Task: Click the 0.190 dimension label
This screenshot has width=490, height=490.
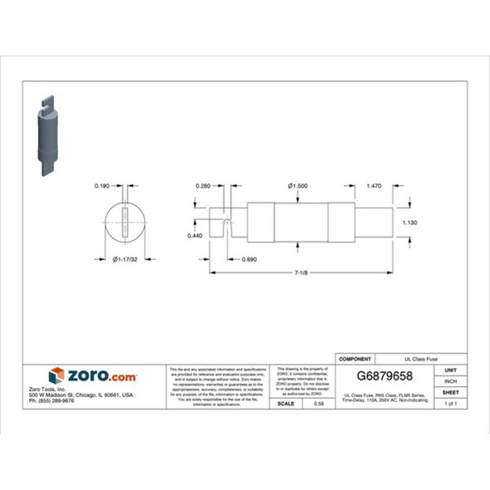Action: [102, 186]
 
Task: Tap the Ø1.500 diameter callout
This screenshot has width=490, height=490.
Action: [297, 186]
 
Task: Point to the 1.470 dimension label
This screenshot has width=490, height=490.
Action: [375, 186]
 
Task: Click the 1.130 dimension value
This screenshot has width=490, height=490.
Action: [410, 223]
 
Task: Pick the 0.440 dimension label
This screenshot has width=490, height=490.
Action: [195, 236]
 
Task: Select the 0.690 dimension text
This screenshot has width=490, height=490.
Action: [248, 260]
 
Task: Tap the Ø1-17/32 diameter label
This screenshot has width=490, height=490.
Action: [125, 260]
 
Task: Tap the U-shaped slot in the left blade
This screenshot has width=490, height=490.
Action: [227, 224]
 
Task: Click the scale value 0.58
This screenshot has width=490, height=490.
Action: [319, 403]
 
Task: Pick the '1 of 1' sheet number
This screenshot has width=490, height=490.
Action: [450, 403]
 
